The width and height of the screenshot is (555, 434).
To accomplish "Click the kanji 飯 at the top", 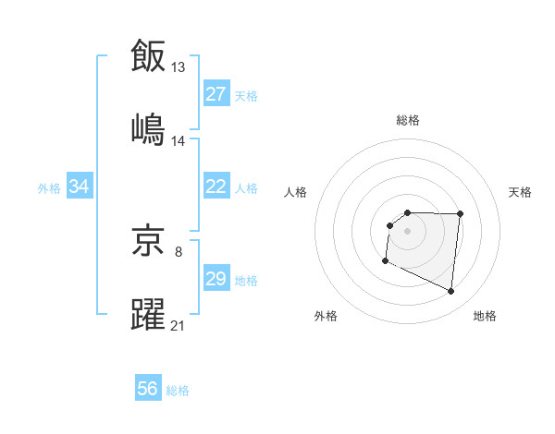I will [x=148, y=55].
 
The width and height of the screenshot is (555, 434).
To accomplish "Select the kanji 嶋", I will [x=148, y=130].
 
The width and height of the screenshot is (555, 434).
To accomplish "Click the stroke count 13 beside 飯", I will [x=179, y=66].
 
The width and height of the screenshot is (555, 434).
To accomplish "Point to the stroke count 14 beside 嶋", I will [x=179, y=141].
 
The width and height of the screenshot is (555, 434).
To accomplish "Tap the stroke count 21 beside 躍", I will [x=179, y=326].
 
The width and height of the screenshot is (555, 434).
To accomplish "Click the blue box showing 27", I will [x=216, y=94].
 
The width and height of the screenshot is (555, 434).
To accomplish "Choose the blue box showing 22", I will [x=216, y=187].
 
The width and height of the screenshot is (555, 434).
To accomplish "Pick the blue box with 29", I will [x=216, y=279].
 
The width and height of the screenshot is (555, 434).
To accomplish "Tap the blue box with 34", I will [x=80, y=187].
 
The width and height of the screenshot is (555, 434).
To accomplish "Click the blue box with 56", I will [x=148, y=389].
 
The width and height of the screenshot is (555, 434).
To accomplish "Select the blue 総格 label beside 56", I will [x=178, y=391].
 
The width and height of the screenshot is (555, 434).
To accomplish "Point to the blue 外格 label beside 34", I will [x=49, y=188].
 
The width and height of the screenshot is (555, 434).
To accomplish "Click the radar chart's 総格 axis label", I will [x=408, y=120].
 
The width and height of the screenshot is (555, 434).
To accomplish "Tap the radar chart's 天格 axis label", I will [x=521, y=192].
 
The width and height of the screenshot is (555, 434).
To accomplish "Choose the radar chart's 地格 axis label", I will [x=485, y=317].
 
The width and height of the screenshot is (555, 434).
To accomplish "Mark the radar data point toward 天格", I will [x=460, y=214].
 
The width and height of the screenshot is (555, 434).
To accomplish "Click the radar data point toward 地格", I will [x=451, y=292].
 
